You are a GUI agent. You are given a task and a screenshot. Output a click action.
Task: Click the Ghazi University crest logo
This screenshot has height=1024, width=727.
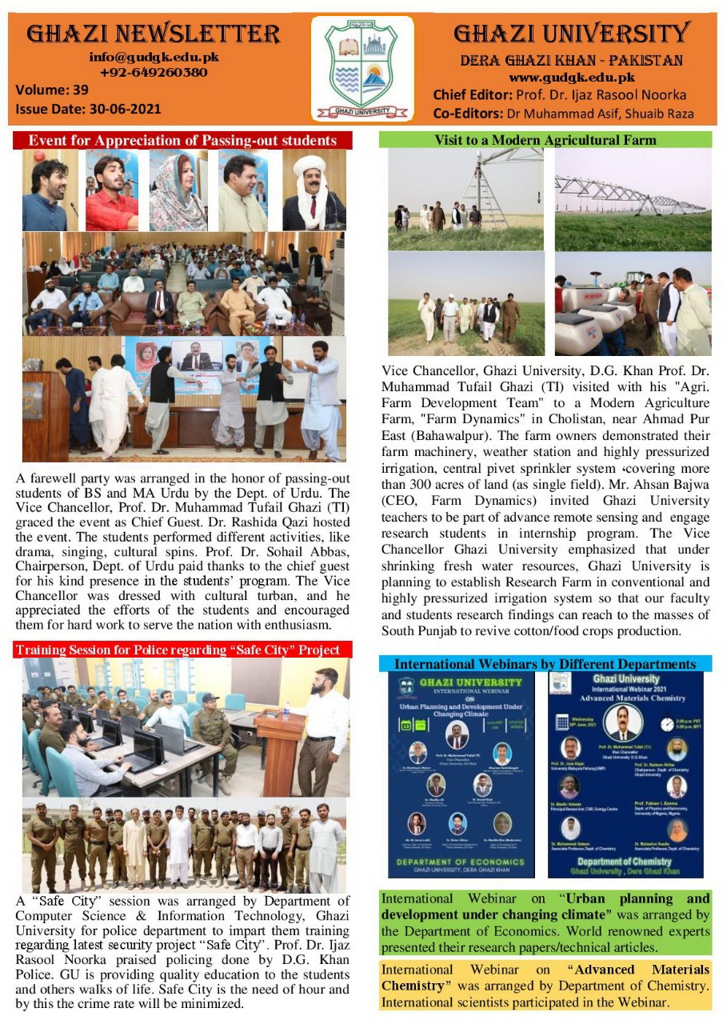click(x=362, y=68)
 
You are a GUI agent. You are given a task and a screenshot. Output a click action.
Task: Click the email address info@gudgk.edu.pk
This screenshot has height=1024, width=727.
click(x=154, y=58)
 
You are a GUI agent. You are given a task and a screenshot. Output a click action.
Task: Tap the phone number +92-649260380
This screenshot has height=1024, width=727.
click(x=154, y=72)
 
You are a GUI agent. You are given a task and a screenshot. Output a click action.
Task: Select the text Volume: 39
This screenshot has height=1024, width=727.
click(x=52, y=90)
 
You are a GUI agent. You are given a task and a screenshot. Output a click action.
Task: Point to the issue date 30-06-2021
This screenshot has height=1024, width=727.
click(x=88, y=108)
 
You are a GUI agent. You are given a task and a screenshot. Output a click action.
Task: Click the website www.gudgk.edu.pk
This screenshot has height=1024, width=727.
click(x=571, y=78)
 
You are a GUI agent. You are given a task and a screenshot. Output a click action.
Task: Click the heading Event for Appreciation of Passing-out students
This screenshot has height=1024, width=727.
click(x=182, y=141)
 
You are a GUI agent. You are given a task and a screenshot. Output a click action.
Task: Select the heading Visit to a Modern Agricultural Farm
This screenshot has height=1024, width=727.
click(x=545, y=140)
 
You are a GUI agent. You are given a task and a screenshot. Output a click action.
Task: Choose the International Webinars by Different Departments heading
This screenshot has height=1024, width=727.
click(x=545, y=664)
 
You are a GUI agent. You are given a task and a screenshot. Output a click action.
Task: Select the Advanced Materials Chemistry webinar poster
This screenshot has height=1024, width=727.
click(x=625, y=774)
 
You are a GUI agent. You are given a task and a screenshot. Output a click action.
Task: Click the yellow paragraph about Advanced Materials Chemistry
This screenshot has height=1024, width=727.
click(x=545, y=986)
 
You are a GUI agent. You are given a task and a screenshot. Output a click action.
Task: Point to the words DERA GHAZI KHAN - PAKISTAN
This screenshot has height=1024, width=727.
click(x=571, y=61)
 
